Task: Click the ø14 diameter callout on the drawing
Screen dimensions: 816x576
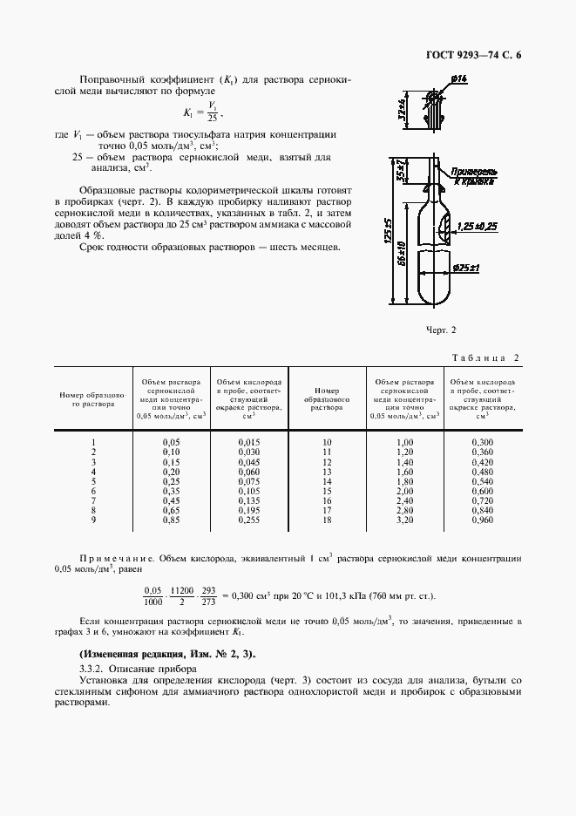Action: point(460,79)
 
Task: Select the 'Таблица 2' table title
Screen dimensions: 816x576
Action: point(488,358)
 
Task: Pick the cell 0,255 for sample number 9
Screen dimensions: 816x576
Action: point(249,520)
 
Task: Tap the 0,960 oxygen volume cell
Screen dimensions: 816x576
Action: point(481,520)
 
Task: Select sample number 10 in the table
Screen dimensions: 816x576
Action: point(328,443)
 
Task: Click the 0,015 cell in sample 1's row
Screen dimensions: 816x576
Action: point(249,443)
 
